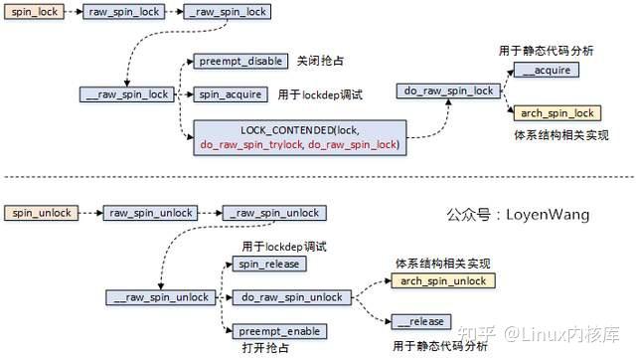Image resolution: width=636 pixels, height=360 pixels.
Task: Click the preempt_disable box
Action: click(x=239, y=61)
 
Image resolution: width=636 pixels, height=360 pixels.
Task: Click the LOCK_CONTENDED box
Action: click(x=299, y=137)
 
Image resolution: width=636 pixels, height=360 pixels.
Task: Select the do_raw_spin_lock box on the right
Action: click(x=449, y=91)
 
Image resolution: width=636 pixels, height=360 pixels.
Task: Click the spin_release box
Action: click(x=268, y=264)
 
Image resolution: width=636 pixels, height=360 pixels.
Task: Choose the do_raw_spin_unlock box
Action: click(x=292, y=297)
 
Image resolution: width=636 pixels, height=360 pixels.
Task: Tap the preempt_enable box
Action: click(x=278, y=330)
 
